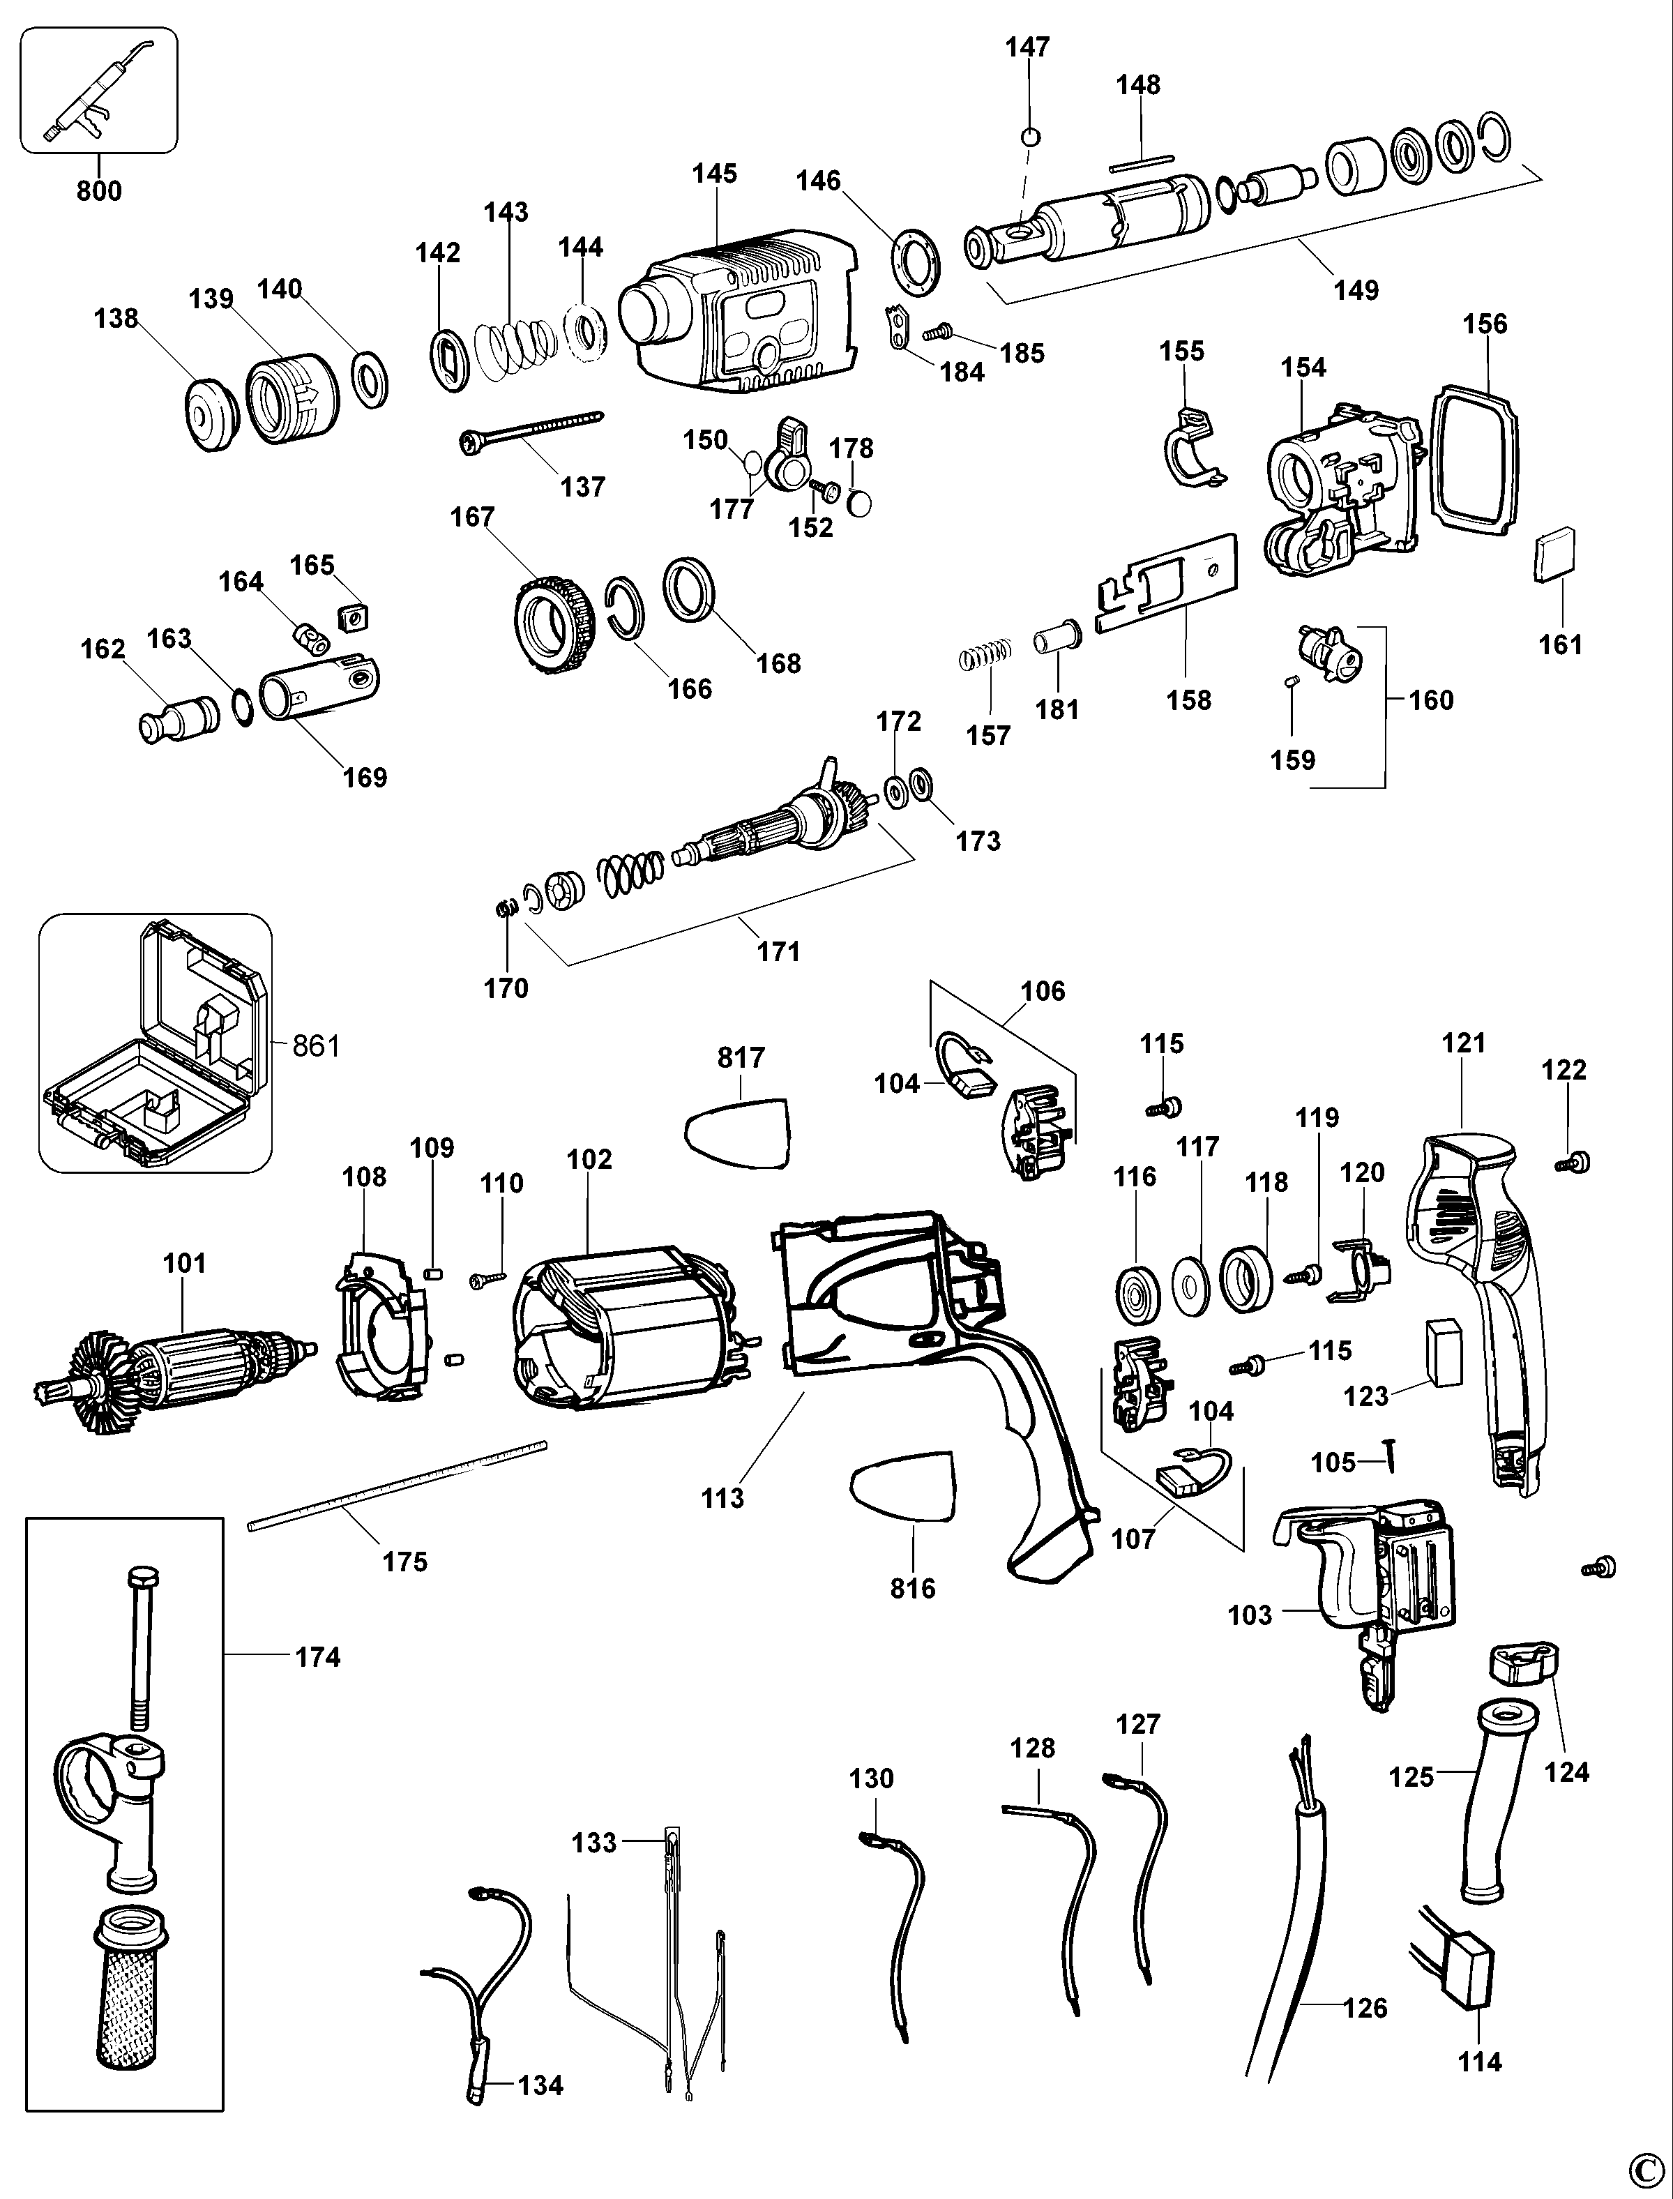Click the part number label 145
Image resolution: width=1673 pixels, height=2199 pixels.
[x=714, y=173]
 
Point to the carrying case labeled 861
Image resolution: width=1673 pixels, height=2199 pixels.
[x=154, y=1044]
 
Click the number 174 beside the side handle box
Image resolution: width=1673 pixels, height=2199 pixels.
[x=318, y=1657]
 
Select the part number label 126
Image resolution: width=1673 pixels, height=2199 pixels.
[x=1363, y=2008]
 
